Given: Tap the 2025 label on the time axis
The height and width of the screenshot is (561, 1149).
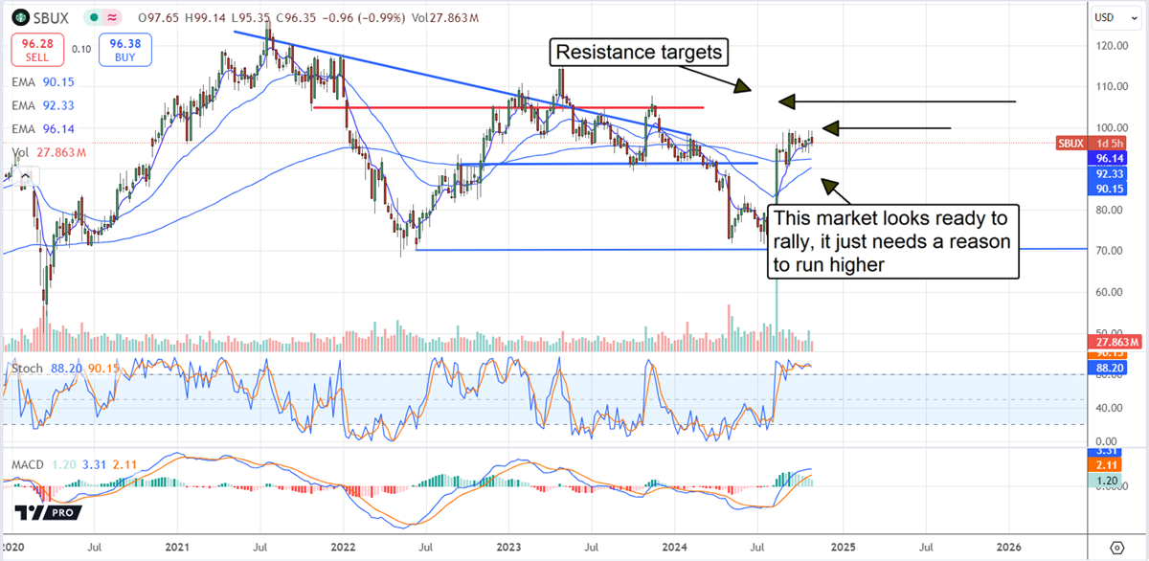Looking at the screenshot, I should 843,548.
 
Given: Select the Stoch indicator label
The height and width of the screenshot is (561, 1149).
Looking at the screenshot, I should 27,368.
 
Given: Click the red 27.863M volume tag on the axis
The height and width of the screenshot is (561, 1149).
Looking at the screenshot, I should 1116,342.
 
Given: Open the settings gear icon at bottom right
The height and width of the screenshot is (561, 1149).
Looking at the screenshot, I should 1115,548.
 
